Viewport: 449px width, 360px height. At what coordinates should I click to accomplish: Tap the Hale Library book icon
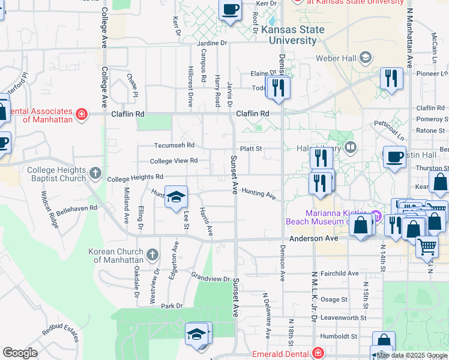point(351,147)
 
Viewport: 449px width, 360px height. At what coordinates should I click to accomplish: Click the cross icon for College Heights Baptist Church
point(95,174)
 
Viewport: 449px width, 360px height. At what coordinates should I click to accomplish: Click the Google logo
point(20,353)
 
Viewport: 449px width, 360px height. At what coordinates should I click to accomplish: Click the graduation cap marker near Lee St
point(176,197)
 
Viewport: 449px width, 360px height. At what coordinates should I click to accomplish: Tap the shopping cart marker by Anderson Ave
point(427,245)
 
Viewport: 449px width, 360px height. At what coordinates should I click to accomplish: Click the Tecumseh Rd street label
point(174,145)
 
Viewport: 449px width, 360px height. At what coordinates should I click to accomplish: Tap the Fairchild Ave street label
point(339,273)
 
